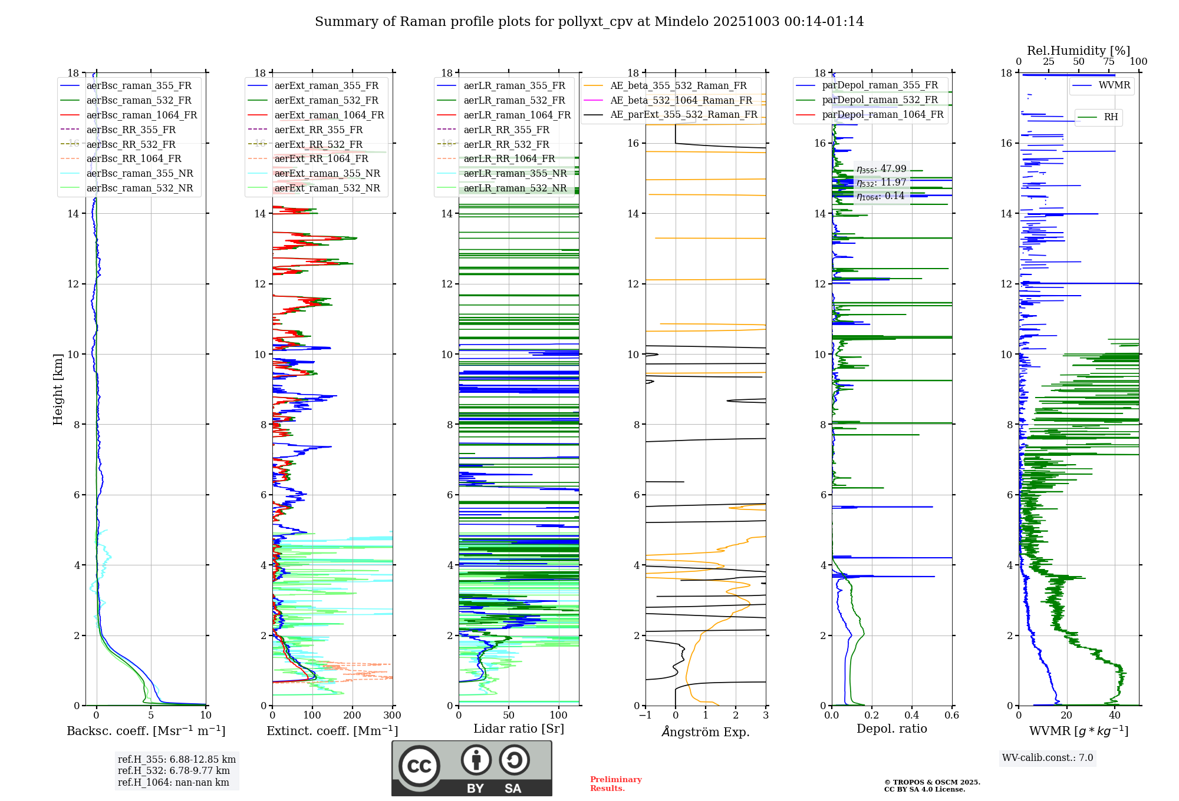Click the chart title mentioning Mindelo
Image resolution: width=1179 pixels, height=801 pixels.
point(589,22)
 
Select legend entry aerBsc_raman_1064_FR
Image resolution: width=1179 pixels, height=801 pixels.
point(141,115)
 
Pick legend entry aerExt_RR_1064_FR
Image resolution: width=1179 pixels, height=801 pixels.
point(321,158)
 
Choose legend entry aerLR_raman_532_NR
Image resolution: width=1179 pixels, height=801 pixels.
point(515,188)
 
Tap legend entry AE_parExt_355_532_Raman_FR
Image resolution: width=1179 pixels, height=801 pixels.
point(683,114)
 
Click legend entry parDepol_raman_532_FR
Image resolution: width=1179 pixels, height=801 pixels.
point(880,100)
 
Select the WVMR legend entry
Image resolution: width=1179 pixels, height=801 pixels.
point(1114,85)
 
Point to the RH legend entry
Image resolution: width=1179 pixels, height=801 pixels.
point(1111,117)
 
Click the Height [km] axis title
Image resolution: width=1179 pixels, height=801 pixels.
point(58,389)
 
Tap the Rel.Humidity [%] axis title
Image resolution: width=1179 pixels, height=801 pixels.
point(1078,51)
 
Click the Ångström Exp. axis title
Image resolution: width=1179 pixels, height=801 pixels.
point(706,732)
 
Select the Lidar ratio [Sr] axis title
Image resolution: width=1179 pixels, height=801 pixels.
point(518,729)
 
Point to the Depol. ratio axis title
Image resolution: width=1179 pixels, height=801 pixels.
point(891,729)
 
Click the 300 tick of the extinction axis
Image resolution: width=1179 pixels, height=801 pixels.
point(392,716)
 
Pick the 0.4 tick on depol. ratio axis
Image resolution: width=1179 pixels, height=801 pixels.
point(911,716)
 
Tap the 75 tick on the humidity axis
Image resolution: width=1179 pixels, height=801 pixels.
point(1108,62)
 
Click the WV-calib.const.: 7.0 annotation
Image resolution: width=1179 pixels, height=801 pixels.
point(1048,758)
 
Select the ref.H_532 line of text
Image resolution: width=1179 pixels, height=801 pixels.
point(174,771)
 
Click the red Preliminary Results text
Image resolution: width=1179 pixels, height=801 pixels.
point(615,784)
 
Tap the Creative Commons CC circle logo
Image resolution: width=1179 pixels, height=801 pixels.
point(419,766)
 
